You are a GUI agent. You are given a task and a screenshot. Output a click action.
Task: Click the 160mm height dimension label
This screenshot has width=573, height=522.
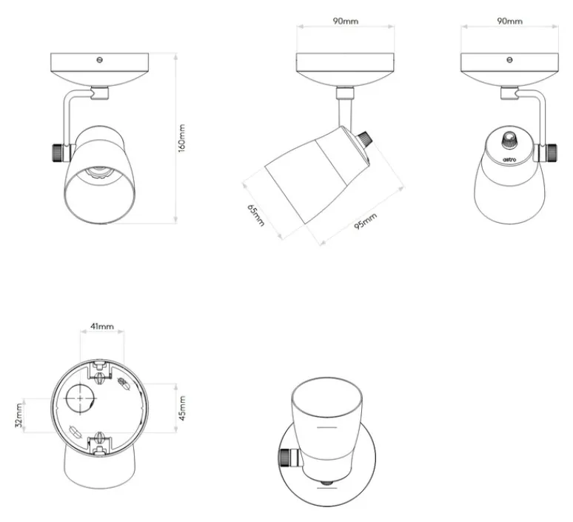181,138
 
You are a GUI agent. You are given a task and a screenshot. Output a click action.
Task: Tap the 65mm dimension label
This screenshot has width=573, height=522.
256,215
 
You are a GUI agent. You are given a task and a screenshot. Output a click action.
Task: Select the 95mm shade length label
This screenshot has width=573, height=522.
365,221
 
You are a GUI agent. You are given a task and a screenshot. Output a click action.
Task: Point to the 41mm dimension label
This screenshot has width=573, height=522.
102,326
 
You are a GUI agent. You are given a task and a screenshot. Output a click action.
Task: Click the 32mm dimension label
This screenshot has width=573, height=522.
19,415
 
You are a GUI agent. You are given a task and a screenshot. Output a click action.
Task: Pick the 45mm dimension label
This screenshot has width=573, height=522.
182,408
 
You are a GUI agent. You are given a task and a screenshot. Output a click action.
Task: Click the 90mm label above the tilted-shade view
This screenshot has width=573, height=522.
345,21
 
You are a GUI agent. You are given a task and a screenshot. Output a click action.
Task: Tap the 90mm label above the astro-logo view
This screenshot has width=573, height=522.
509,21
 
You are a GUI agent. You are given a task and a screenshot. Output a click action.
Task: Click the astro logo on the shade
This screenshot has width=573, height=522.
509,159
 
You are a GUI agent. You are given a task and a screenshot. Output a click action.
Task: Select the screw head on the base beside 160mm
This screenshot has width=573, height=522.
99,59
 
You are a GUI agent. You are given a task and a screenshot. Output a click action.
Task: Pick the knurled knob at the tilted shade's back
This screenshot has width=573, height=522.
364,140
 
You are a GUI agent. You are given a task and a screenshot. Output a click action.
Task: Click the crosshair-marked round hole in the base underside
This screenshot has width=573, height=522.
81,398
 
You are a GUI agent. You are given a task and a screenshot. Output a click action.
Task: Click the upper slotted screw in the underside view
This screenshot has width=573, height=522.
99,377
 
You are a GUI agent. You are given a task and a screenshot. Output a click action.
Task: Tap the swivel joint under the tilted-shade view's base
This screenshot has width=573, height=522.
345,93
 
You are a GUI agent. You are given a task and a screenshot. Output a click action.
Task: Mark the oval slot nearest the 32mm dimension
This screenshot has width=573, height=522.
76,432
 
